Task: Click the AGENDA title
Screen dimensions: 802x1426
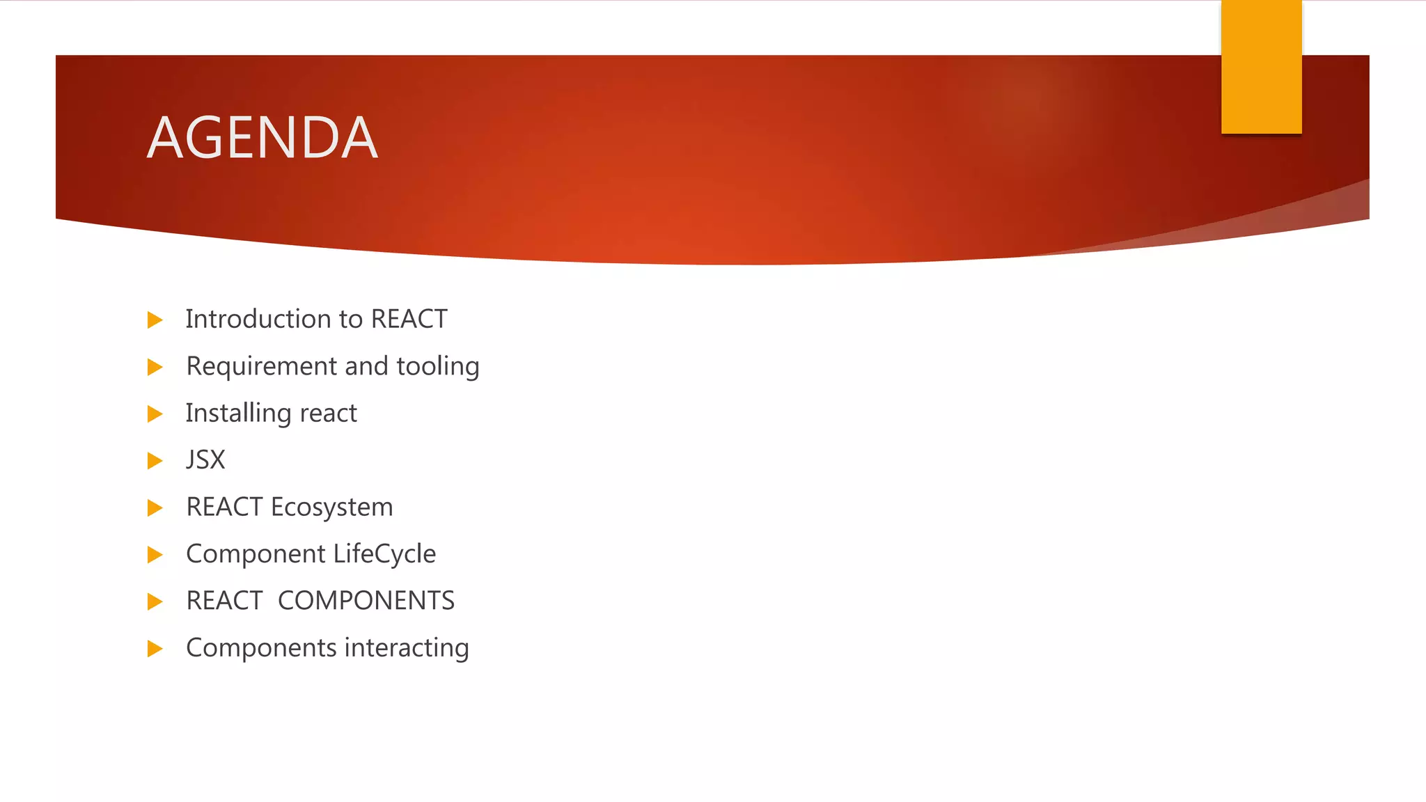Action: tap(263, 138)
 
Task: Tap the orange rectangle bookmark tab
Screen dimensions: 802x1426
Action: tap(1261, 67)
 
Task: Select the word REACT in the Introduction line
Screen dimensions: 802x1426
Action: tap(409, 319)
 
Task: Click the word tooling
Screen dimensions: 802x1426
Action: tap(437, 366)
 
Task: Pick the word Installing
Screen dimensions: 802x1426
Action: tap(238, 414)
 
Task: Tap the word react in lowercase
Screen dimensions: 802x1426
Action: tap(328, 414)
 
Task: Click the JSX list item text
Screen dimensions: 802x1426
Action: tap(205, 460)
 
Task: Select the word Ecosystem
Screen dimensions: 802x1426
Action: tap(331, 508)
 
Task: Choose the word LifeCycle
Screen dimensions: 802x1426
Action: tap(384, 554)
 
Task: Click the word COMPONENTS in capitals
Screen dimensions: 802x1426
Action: tap(366, 601)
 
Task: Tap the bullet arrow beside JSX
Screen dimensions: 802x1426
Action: tap(155, 461)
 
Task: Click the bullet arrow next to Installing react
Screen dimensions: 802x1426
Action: tap(155, 414)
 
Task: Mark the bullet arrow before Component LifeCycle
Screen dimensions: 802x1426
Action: tap(155, 555)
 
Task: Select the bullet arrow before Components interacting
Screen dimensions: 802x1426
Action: tap(155, 649)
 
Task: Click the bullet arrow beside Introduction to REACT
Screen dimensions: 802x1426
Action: tap(155, 320)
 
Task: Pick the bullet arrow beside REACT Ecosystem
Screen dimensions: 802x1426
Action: tap(155, 508)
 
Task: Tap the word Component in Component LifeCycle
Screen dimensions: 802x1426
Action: tap(256, 554)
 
